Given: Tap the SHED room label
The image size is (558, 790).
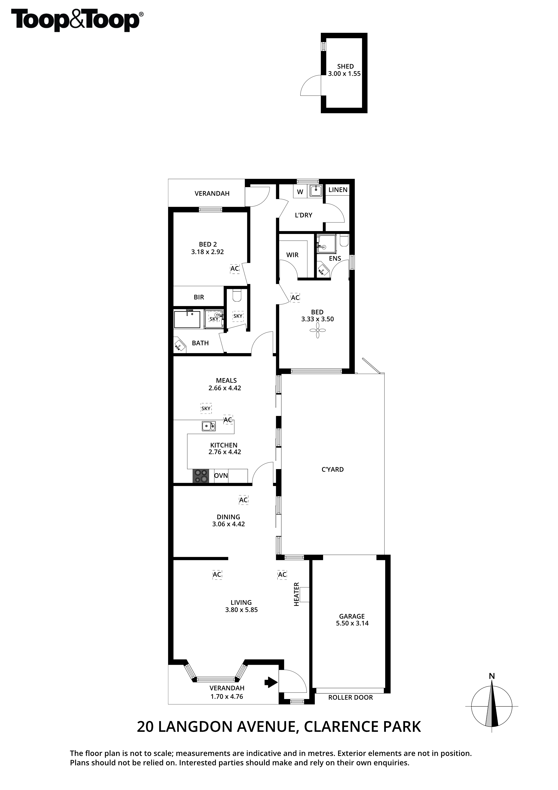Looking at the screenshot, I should click(345, 66).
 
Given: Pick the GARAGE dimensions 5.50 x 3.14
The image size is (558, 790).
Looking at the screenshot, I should click(352, 623).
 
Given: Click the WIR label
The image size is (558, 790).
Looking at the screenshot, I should click(292, 255).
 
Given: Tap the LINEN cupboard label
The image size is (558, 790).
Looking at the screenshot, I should click(338, 190).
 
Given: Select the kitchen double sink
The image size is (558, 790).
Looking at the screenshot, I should click(209, 426).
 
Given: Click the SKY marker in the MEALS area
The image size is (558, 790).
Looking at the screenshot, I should click(206, 409).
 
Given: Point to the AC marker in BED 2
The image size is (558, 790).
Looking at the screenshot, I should click(234, 269).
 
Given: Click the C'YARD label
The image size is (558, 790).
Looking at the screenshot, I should click(333, 469).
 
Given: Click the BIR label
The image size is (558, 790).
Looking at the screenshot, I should click(199, 297).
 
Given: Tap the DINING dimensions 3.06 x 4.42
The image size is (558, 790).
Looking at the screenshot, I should click(228, 524).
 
